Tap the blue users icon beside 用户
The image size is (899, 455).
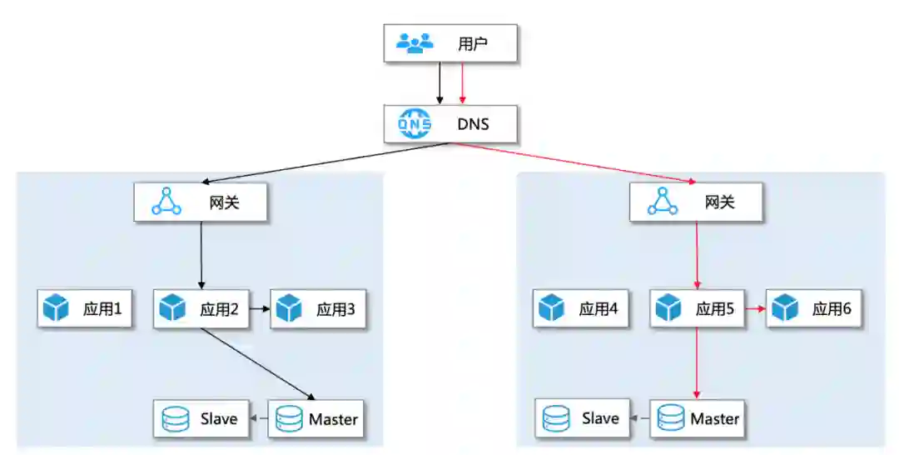[415, 43]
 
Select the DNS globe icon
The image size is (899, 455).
[415, 125]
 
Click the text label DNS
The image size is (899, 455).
[473, 125]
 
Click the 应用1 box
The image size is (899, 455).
[85, 309]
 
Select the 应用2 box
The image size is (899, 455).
[202, 309]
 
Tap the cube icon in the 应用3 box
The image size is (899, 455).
[288, 309]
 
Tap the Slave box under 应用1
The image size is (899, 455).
[201, 418]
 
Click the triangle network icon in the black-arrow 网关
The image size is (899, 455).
[166, 202]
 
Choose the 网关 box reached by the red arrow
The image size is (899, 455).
[696, 202]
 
